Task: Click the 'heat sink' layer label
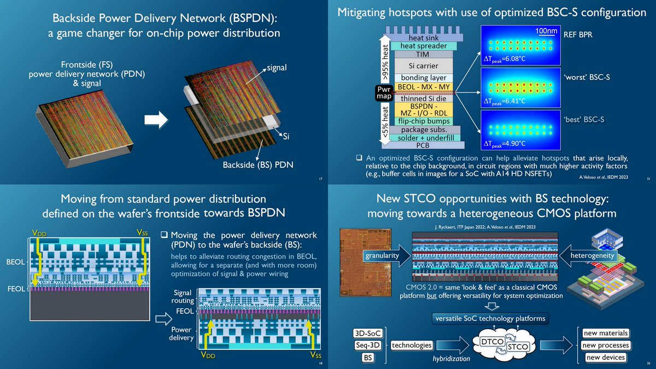[x=424, y=38]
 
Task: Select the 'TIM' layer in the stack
[x=424, y=55]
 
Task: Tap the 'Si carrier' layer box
[x=424, y=66]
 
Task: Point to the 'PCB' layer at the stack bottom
[x=424, y=145]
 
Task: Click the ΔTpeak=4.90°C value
[x=503, y=143]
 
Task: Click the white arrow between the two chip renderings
[x=159, y=122]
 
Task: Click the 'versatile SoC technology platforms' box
[x=490, y=318]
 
